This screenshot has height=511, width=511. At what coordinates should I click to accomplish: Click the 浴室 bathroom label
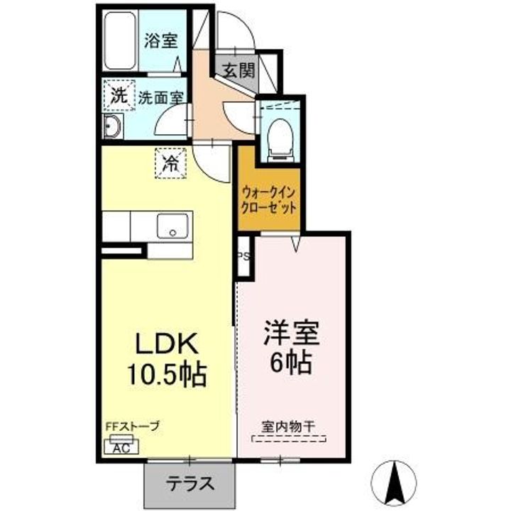pyautogui.click(x=161, y=40)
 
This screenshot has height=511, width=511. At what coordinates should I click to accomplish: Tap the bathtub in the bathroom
pyautogui.click(x=120, y=40)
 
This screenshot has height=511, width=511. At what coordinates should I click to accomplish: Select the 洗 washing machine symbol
pyautogui.click(x=119, y=95)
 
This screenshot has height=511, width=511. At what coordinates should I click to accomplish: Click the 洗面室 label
pyautogui.click(x=161, y=97)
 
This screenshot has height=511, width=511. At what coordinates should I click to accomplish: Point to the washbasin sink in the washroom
pyautogui.click(x=112, y=126)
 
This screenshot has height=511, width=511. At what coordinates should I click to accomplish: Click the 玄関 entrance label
pyautogui.click(x=239, y=70)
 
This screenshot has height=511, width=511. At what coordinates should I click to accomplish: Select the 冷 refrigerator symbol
pyautogui.click(x=170, y=163)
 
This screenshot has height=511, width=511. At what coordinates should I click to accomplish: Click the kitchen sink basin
pyautogui.click(x=172, y=226)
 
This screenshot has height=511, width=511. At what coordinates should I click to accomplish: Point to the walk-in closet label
pyautogui.click(x=269, y=200)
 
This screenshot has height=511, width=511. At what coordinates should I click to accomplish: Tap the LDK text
pyautogui.click(x=167, y=344)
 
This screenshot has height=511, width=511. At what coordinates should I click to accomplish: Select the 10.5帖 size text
pyautogui.click(x=167, y=374)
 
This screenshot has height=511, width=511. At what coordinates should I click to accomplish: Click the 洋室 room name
pyautogui.click(x=292, y=333)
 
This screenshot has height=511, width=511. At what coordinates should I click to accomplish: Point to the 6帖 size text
pyautogui.click(x=292, y=363)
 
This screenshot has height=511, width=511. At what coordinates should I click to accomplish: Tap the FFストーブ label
pyautogui.click(x=132, y=426)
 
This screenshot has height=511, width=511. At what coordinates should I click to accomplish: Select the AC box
pyautogui.click(x=121, y=446)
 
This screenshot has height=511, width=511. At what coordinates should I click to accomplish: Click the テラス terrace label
pyautogui.click(x=190, y=483)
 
